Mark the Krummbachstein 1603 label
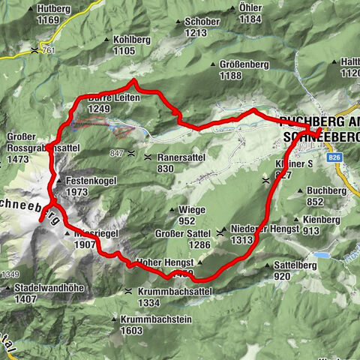click(151, 324)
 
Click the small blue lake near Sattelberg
click(321, 256)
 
